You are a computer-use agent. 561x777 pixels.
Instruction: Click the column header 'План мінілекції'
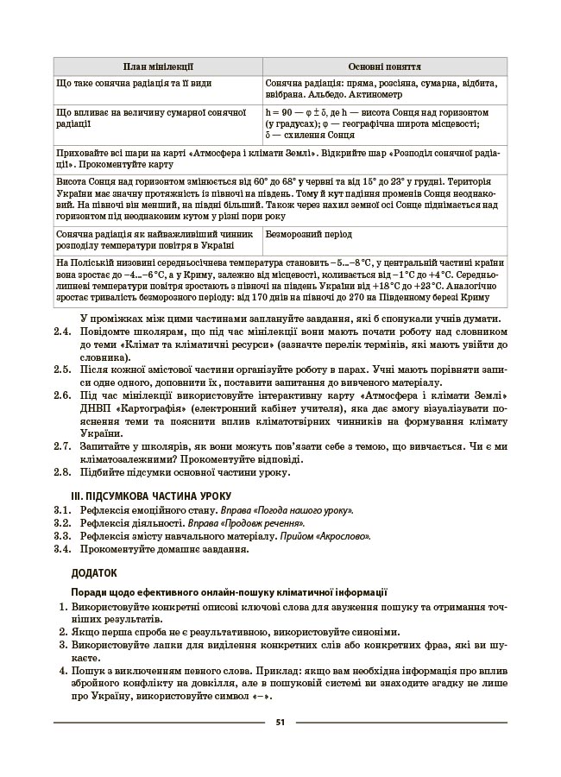[157, 66]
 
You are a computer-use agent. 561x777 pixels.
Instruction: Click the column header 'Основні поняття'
[384, 66]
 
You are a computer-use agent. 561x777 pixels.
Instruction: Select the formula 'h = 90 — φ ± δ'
[299, 113]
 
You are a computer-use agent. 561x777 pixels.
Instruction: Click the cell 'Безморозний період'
[308, 234]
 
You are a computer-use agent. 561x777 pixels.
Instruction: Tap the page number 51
[280, 722]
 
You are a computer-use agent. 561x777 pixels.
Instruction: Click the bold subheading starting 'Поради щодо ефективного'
[229, 592]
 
